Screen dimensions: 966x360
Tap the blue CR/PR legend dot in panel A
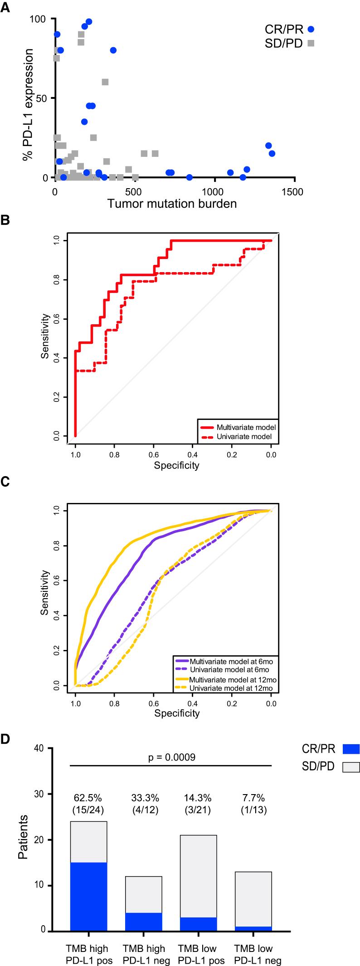click(311, 29)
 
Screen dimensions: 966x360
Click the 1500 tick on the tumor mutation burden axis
click(294, 192)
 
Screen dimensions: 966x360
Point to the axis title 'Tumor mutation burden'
click(172, 204)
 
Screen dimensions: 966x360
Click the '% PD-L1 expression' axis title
click(28, 105)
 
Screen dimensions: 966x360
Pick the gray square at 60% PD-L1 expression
click(105, 82)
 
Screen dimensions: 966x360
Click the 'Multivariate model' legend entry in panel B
click(246, 427)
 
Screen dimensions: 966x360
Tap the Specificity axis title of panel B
click(176, 465)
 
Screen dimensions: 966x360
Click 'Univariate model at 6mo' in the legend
click(229, 670)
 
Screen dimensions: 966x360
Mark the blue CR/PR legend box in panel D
click(351, 749)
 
